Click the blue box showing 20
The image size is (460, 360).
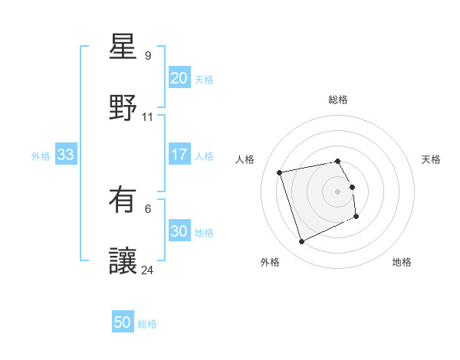[179, 78]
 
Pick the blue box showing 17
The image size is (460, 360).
[179, 155]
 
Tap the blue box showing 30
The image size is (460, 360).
[179, 232]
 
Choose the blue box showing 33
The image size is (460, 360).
[65, 155]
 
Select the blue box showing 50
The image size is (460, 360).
[123, 322]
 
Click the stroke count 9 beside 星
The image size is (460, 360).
[148, 56]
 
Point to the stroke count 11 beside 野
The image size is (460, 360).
[148, 117]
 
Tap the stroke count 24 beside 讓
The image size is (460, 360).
[148, 270]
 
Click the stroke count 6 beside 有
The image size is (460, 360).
[148, 208]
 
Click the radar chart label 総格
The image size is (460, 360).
[338, 100]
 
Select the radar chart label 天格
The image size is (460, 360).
[431, 159]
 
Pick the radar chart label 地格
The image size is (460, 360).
[402, 262]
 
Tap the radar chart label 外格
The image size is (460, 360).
[270, 262]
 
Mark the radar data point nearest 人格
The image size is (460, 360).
[280, 172]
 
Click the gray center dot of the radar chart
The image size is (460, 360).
[338, 191]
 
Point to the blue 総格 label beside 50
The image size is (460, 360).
[147, 324]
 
